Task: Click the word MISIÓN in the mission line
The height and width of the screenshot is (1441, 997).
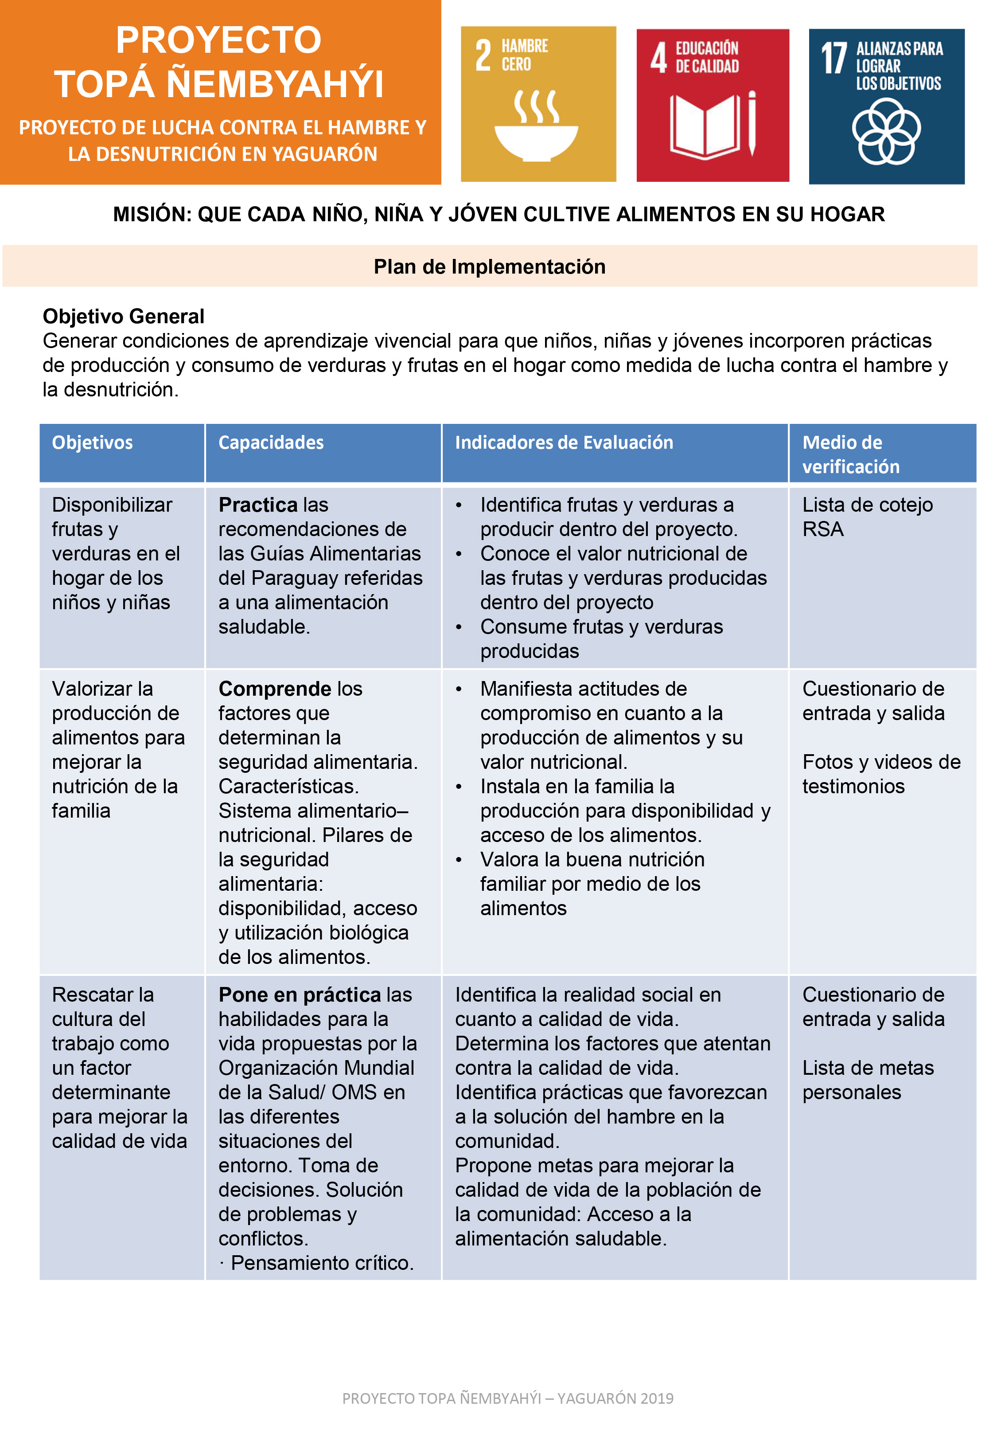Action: pos(152,214)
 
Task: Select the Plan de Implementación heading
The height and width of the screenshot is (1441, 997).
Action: pos(489,267)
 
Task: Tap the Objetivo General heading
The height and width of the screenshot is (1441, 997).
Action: pos(123,316)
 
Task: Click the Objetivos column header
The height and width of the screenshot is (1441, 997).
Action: pos(93,442)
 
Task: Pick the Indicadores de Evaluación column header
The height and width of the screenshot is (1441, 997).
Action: pos(564,442)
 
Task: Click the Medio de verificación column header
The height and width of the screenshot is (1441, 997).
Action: pos(851,454)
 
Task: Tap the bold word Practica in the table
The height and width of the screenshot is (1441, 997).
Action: pos(258,504)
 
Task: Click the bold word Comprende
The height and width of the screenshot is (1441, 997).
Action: pos(275,689)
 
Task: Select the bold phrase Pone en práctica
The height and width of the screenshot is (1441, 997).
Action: pos(299,994)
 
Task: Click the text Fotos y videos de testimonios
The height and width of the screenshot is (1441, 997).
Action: pos(881,774)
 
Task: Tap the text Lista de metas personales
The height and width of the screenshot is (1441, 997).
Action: pos(868,1080)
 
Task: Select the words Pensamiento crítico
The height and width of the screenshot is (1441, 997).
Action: pos(322,1263)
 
